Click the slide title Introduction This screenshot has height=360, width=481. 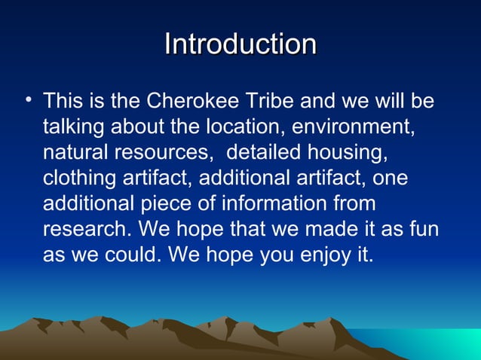coord(240,44)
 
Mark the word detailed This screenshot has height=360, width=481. coord(265,152)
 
